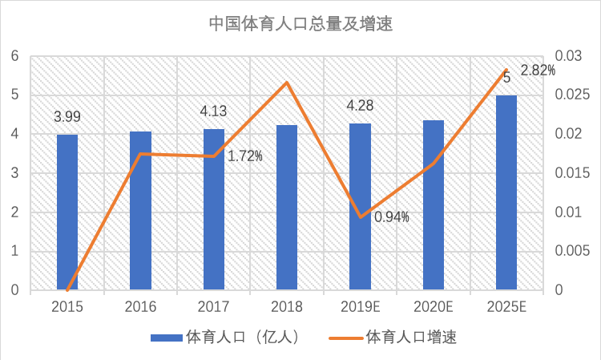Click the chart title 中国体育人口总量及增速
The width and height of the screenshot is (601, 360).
pos(300,23)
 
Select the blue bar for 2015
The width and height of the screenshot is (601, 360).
pos(67,212)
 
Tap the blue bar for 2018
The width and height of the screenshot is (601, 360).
pos(287,208)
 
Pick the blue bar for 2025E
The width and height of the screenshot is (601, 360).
pos(506,192)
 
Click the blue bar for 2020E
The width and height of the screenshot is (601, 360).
pos(434,205)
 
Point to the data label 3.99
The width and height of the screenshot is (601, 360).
pos(67,117)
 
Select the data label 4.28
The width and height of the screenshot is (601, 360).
pos(360,106)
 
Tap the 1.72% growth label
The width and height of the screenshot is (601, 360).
pos(245,156)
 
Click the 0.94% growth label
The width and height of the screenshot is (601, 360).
pos(392,216)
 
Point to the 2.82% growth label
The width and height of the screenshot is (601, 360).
pos(538,71)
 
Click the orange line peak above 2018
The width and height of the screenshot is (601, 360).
pos(287,83)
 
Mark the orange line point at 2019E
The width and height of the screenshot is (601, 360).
pos(361,216)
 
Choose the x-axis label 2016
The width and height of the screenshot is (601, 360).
pos(140,305)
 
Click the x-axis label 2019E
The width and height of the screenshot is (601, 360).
pos(360,305)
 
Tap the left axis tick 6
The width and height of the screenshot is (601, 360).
pos(14,56)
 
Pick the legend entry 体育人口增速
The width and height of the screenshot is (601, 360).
pos(400,338)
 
